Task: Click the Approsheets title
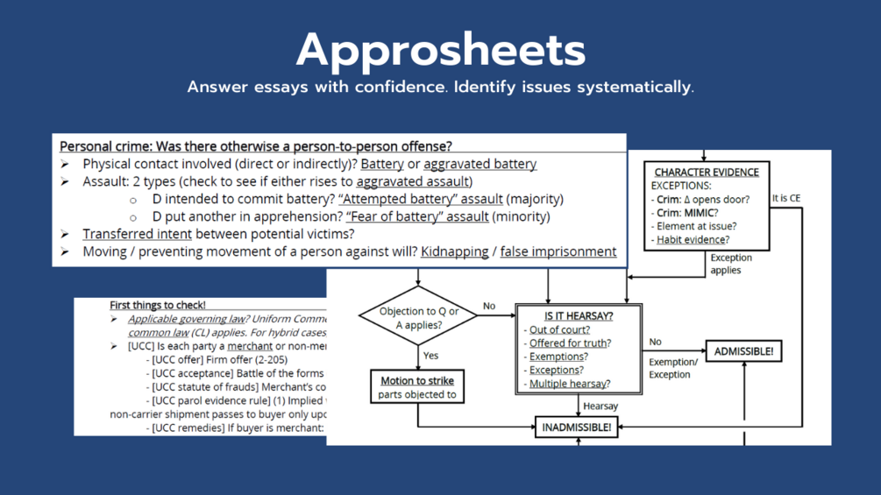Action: [440, 50]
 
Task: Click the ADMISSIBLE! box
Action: [743, 351]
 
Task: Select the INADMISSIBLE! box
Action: [576, 428]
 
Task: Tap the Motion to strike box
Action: [417, 387]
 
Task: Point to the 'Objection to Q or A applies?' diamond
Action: [418, 317]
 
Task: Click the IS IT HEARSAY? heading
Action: [578, 315]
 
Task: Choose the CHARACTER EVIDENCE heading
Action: [706, 172]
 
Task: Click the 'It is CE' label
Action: [786, 198]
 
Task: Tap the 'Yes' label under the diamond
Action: [430, 356]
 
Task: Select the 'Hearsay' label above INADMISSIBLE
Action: [600, 407]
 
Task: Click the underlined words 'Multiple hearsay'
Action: [569, 384]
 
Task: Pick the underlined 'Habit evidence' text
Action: [691, 239]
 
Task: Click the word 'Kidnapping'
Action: [454, 251]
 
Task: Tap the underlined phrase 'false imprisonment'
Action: [558, 251]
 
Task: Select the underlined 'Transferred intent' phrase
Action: [137, 234]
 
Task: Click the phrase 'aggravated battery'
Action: [480, 164]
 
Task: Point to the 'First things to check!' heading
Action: [158, 305]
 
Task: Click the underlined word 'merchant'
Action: [250, 346]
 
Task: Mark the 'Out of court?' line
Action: [559, 329]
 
